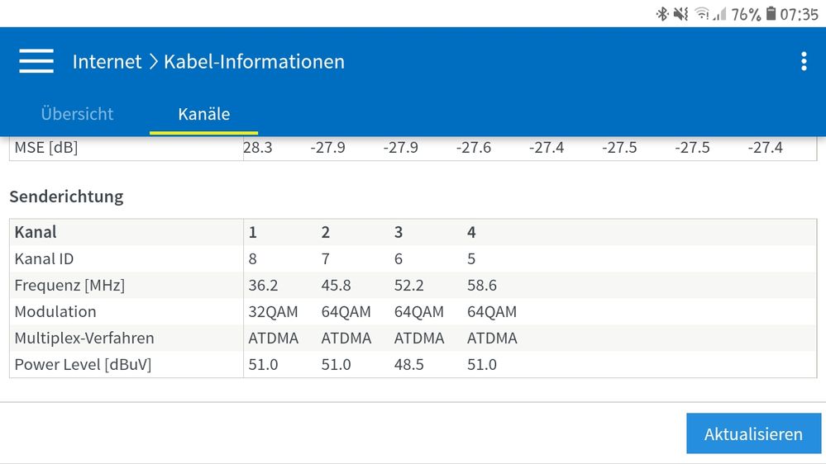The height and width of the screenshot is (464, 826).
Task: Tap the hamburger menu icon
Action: pyautogui.click(x=36, y=61)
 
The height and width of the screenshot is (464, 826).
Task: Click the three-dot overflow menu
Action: pyautogui.click(x=803, y=61)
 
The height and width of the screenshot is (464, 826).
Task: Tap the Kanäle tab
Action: pyautogui.click(x=203, y=114)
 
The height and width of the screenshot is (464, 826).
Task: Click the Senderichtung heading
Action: pyautogui.click(x=66, y=196)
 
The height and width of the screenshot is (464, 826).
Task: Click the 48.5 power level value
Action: pyautogui.click(x=408, y=364)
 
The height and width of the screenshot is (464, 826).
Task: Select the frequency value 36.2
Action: pyautogui.click(x=263, y=285)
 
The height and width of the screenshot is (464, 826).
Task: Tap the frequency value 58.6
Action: pyautogui.click(x=481, y=285)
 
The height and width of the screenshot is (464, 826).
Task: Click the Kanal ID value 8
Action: pyautogui.click(x=253, y=258)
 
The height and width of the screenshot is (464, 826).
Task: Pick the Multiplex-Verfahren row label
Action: pyautogui.click(x=84, y=338)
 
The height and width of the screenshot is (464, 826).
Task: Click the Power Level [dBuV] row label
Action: pyautogui.click(x=83, y=364)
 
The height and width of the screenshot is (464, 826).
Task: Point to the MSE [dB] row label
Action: pyautogui.click(x=46, y=148)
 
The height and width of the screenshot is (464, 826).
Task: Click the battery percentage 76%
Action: pyautogui.click(x=745, y=14)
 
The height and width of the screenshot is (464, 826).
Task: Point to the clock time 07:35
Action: pyautogui.click(x=799, y=14)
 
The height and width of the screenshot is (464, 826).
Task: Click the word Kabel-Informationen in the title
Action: pyautogui.click(x=254, y=61)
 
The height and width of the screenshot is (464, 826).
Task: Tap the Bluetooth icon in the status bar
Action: pyautogui.click(x=661, y=14)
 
